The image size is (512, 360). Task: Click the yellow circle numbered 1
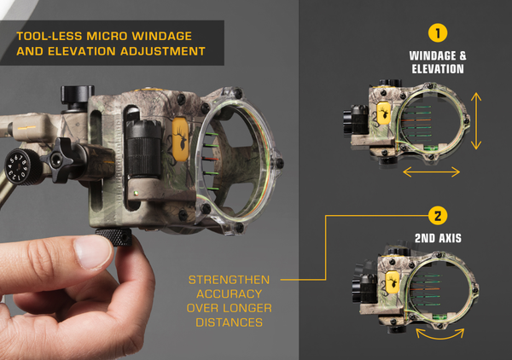[x=438, y=34]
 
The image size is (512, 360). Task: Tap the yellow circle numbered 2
[x=438, y=216]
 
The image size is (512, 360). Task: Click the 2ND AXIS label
[x=437, y=239]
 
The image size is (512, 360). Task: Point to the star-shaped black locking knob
[x=63, y=160]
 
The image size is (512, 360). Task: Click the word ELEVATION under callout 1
[x=436, y=69]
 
